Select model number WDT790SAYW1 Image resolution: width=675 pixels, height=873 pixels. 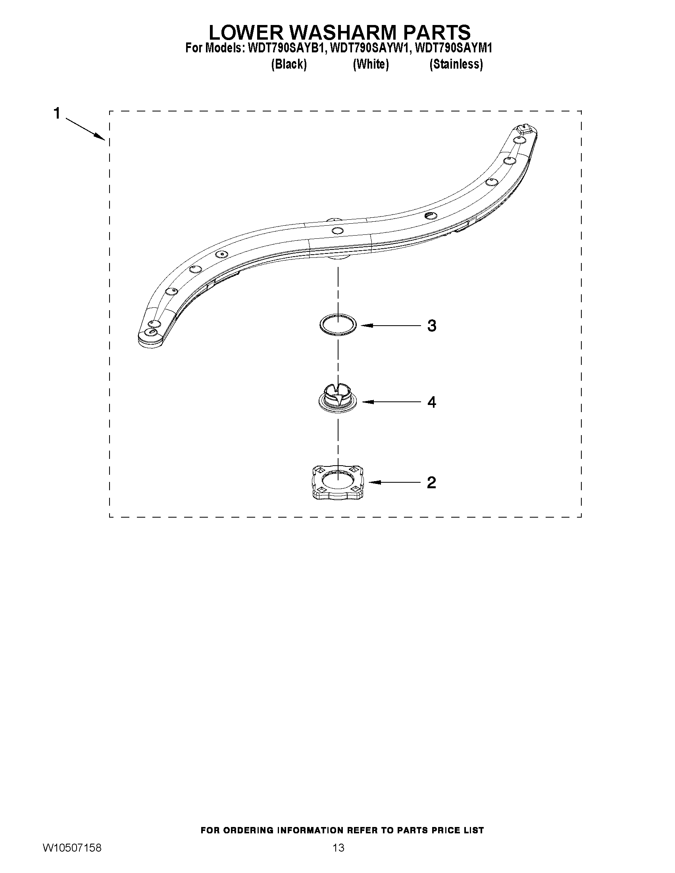[x=370, y=48]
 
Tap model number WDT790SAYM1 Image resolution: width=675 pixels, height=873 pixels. [x=454, y=48]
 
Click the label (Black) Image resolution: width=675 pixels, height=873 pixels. [x=289, y=64]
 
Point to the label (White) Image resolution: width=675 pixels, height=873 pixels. [x=371, y=64]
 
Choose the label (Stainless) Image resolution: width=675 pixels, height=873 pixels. [x=456, y=64]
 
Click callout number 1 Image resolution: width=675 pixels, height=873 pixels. [x=57, y=113]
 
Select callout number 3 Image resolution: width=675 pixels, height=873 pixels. [x=431, y=326]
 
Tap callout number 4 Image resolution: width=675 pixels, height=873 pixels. [x=431, y=402]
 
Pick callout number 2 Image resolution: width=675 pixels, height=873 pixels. [x=431, y=482]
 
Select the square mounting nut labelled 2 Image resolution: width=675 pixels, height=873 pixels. [x=338, y=482]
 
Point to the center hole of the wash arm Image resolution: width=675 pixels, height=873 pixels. [x=337, y=230]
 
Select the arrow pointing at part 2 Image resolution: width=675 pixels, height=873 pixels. [x=394, y=482]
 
